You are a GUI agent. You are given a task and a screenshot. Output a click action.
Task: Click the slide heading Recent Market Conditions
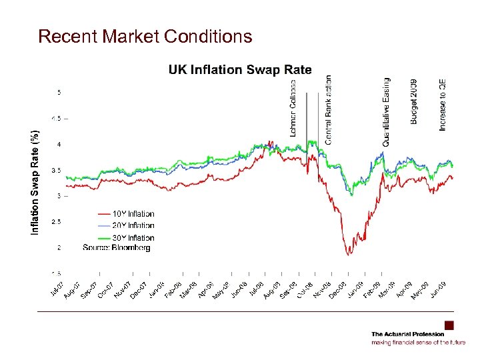(x=145, y=36)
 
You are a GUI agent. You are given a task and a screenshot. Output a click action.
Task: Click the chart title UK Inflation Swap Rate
(x=239, y=69)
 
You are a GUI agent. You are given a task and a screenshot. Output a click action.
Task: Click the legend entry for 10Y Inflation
(x=133, y=214)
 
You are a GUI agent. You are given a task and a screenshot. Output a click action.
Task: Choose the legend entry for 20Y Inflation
(x=133, y=226)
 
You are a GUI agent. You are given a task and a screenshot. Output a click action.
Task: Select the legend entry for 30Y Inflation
(x=133, y=238)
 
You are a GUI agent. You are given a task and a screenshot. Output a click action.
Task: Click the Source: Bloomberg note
(x=117, y=248)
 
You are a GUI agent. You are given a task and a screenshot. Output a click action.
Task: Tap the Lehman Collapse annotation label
(x=293, y=108)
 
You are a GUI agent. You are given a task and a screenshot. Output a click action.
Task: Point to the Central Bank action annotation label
(x=328, y=109)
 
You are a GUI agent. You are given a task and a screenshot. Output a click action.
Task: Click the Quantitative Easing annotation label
(x=386, y=111)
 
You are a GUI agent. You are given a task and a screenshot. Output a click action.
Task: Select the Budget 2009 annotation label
(x=414, y=101)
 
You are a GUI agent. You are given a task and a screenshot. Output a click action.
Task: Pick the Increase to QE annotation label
(x=443, y=105)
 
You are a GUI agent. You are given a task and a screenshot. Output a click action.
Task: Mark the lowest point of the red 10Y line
(x=348, y=255)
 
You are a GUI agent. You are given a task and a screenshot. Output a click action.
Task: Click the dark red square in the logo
(x=449, y=325)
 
